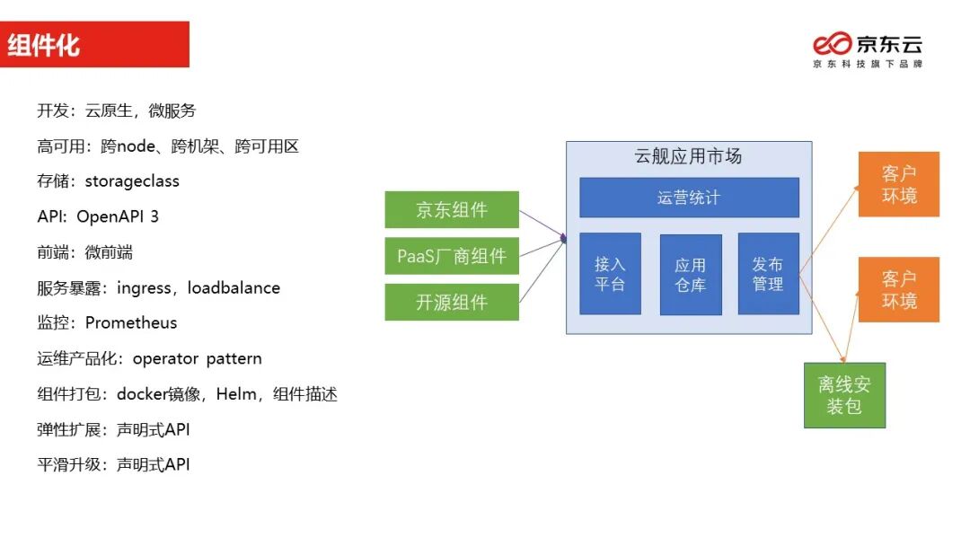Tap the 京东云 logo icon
[832, 44]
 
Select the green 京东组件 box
[452, 210]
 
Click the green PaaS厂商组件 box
[452, 256]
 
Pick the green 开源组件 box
[452, 302]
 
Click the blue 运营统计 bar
[689, 198]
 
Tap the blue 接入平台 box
[610, 274]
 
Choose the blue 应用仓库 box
[691, 275]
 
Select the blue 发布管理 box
[768, 274]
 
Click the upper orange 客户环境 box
[898, 184]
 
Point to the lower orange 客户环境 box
[898, 289]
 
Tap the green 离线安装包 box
[844, 395]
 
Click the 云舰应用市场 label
[688, 156]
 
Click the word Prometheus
[131, 322]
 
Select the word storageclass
[132, 181]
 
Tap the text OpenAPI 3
[118, 216]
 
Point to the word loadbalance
[234, 287]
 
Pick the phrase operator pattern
[198, 358]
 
